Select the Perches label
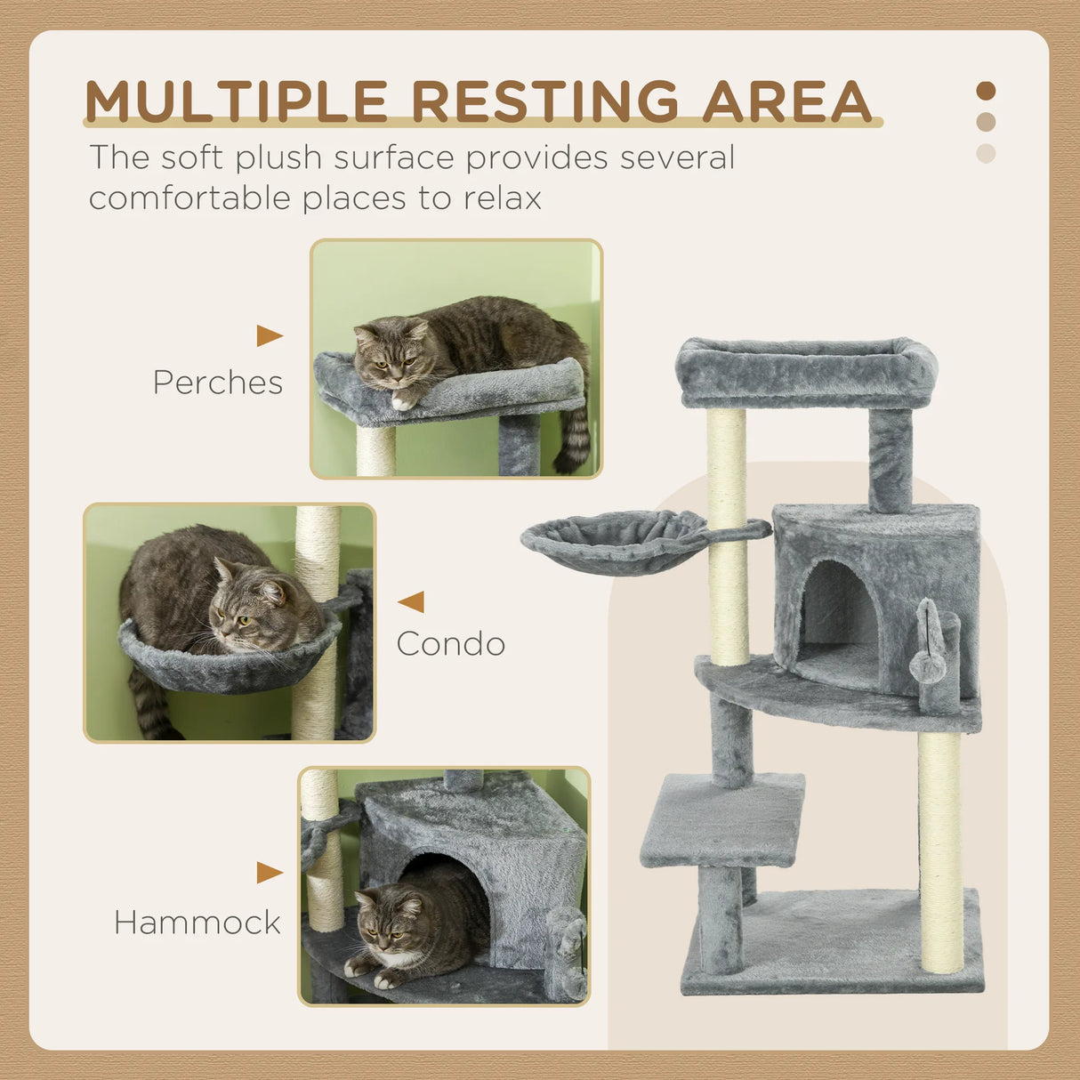218,383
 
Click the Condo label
451,644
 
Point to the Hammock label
197,923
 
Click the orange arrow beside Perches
269,335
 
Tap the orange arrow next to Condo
412,602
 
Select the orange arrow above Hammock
269,873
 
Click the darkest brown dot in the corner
986,91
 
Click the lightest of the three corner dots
986,153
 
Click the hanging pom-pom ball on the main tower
927,665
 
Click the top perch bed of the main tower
805,369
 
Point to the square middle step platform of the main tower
722,818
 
